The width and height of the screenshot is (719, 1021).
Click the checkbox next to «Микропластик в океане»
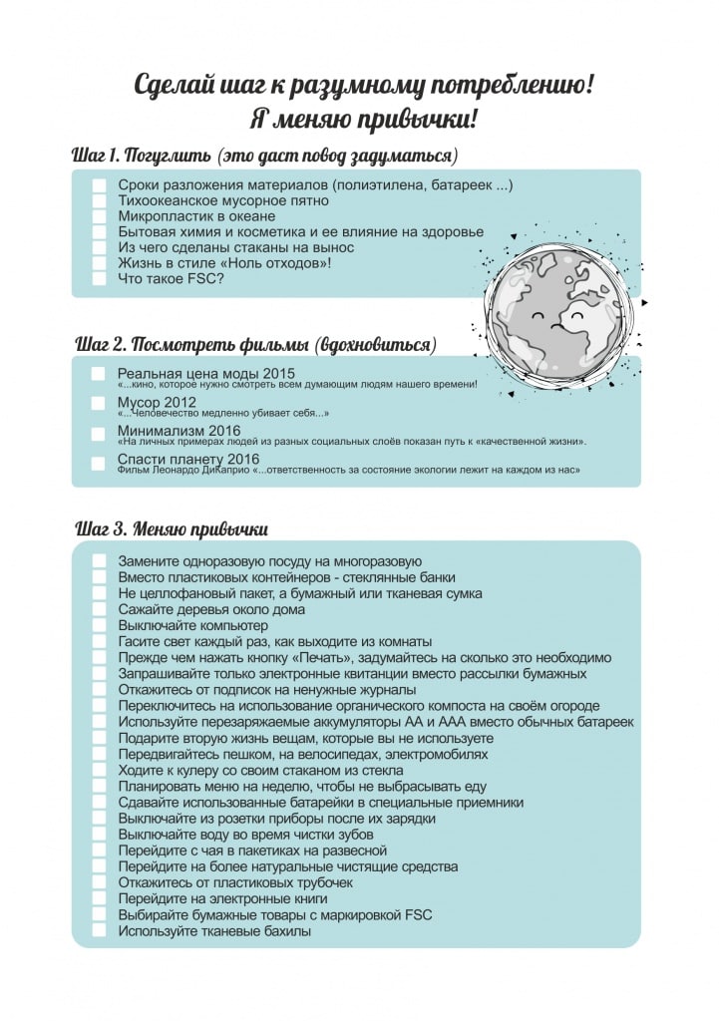99,216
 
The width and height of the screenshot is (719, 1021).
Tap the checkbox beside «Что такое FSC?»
99,279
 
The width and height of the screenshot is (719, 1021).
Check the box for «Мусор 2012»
99,403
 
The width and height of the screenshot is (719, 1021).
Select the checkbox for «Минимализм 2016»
99,433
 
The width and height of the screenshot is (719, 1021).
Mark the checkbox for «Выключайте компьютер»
99,625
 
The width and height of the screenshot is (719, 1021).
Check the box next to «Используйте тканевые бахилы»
99,931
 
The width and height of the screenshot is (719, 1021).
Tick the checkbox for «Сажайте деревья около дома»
99,609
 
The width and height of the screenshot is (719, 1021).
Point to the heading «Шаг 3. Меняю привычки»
172,528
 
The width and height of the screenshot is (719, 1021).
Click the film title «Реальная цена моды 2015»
192,372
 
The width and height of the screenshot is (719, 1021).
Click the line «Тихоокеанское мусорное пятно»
219,200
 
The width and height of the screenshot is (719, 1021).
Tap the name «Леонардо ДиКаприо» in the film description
206,470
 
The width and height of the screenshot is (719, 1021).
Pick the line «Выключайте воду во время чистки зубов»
245,835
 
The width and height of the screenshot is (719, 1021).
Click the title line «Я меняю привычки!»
363,120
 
